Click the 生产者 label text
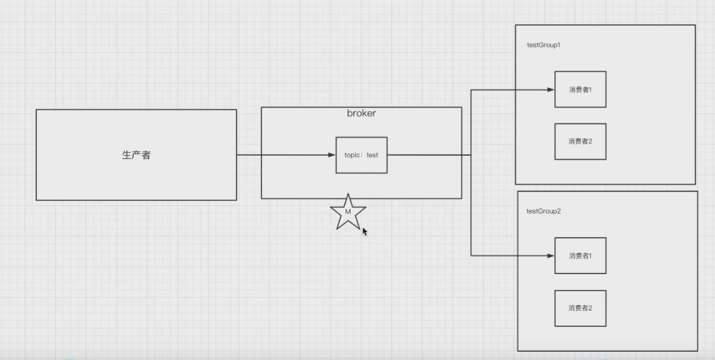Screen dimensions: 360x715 click(x=136, y=155)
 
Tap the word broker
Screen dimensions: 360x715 click(x=361, y=113)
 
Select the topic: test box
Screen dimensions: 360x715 click(x=361, y=155)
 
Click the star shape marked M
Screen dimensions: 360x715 click(x=348, y=213)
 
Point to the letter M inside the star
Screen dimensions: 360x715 click(x=348, y=211)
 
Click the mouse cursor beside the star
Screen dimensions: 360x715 click(x=364, y=232)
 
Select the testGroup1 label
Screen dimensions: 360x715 click(x=543, y=46)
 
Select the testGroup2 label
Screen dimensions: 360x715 click(x=543, y=211)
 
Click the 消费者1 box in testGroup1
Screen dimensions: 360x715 click(x=580, y=90)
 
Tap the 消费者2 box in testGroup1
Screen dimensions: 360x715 click(x=580, y=141)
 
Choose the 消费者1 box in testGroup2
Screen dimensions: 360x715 click(x=580, y=256)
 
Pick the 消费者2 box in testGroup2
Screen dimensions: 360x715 click(x=580, y=308)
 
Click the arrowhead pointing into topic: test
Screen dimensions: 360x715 click(x=331, y=155)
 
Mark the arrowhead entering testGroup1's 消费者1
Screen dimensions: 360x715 click(x=550, y=90)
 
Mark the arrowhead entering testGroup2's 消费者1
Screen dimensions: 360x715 click(x=550, y=256)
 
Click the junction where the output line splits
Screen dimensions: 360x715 click(x=471, y=155)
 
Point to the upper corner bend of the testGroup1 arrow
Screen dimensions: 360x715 click(x=471, y=90)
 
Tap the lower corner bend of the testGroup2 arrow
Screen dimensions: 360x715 click(x=471, y=256)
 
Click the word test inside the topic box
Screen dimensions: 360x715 click(x=372, y=155)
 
